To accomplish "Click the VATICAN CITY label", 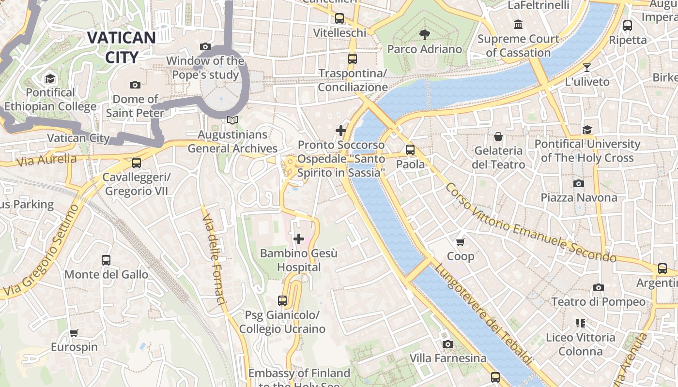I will pyautogui.click(x=122, y=47).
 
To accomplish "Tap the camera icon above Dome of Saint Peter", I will pyautogui.click(x=135, y=85).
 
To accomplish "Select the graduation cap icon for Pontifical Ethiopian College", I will pyautogui.click(x=50, y=78).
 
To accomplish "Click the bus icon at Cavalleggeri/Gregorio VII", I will pyautogui.click(x=137, y=163).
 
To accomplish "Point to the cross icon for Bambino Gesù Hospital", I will pyautogui.click(x=299, y=238).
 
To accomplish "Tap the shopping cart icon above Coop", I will pyautogui.click(x=461, y=241).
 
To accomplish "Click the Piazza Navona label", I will pyautogui.click(x=579, y=197).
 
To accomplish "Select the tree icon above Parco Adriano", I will pyautogui.click(x=425, y=34).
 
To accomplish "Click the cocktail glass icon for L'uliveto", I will pyautogui.click(x=587, y=68).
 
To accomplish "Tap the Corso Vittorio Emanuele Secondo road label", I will pyautogui.click(x=530, y=223).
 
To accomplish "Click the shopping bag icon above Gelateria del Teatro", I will pyautogui.click(x=498, y=136).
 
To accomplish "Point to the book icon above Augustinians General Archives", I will pyautogui.click(x=232, y=120).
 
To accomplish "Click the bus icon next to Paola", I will pyautogui.click(x=410, y=150).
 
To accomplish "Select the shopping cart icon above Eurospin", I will pyautogui.click(x=74, y=333).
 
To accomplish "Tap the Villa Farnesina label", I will pyautogui.click(x=448, y=358).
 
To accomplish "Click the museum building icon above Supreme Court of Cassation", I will pyautogui.click(x=518, y=24).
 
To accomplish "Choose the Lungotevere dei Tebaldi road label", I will pyautogui.click(x=483, y=314).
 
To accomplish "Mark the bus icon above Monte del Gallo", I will pyautogui.click(x=106, y=260).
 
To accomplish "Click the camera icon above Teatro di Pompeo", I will pyautogui.click(x=599, y=288).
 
